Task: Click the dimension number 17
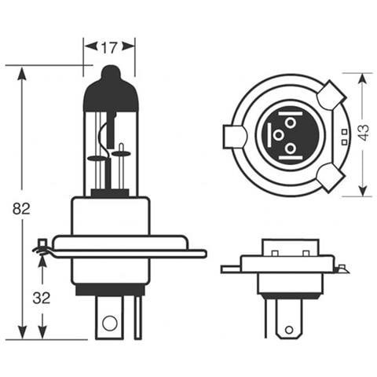coord(110,48)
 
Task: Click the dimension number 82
coord(21,209)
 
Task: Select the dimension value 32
coord(42,298)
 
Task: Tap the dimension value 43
coord(363,134)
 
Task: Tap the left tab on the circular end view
coord(234,136)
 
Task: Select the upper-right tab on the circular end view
coord(331,97)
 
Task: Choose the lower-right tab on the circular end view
coord(330,178)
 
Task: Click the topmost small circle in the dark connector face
coord(289,123)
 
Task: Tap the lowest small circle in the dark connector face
coord(289,148)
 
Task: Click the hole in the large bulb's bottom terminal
coord(109,320)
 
